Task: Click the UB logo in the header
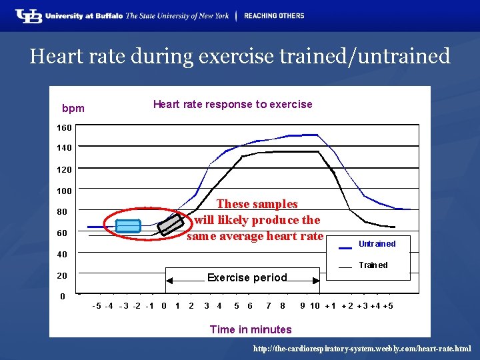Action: [29, 16]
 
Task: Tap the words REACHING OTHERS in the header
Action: [274, 16]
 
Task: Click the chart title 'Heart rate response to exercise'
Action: [233, 105]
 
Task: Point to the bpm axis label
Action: [73, 109]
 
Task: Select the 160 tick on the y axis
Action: [64, 127]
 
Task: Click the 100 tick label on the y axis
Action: [64, 191]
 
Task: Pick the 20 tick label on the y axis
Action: [62, 275]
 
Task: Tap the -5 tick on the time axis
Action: [97, 306]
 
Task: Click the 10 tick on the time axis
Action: [315, 306]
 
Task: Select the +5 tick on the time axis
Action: [388, 306]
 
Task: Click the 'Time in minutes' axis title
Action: [251, 329]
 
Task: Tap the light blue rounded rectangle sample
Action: [128, 226]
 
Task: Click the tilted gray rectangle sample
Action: [171, 225]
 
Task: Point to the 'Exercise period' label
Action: [247, 277]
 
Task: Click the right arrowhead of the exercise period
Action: [316, 281]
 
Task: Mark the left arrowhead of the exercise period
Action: [169, 281]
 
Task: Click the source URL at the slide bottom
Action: [362, 349]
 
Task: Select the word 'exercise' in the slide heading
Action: [236, 56]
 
